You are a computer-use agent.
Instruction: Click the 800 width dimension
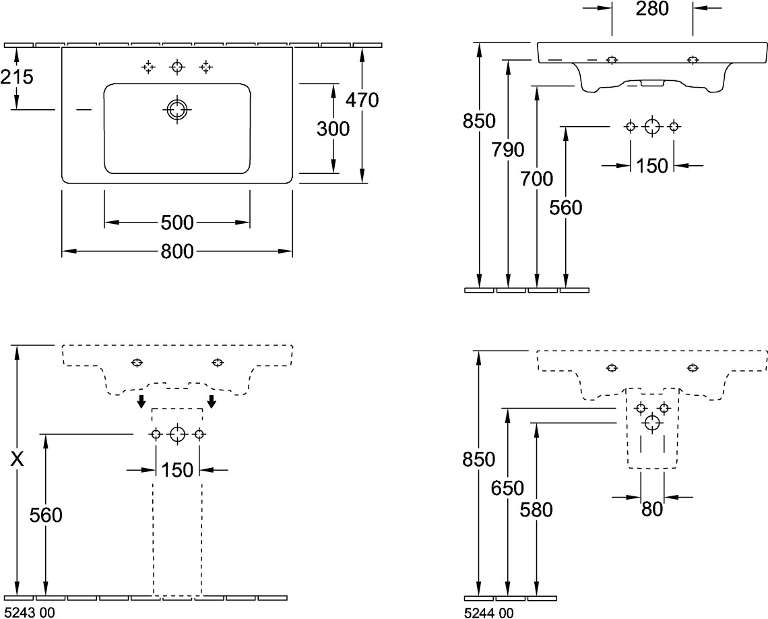tap(177, 252)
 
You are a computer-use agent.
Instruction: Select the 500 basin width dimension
tap(177, 222)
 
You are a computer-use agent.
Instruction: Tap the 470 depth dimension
tap(362, 100)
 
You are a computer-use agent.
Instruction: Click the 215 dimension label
tap(17, 77)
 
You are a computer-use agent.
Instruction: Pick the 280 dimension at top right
tap(651, 9)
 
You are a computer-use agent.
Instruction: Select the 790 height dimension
tap(508, 150)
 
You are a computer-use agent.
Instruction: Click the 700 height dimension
tap(537, 179)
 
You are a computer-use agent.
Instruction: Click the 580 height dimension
tap(536, 509)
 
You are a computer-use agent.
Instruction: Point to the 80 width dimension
tap(651, 509)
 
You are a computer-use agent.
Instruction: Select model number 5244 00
tap(489, 612)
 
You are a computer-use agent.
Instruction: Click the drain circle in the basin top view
tap(177, 111)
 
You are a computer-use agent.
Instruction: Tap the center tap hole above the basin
tap(177, 66)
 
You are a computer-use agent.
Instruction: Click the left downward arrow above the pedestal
tap(141, 402)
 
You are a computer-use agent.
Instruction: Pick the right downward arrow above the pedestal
tap(212, 402)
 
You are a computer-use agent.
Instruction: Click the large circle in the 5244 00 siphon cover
tap(651, 423)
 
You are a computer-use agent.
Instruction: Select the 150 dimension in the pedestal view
tap(177, 469)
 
